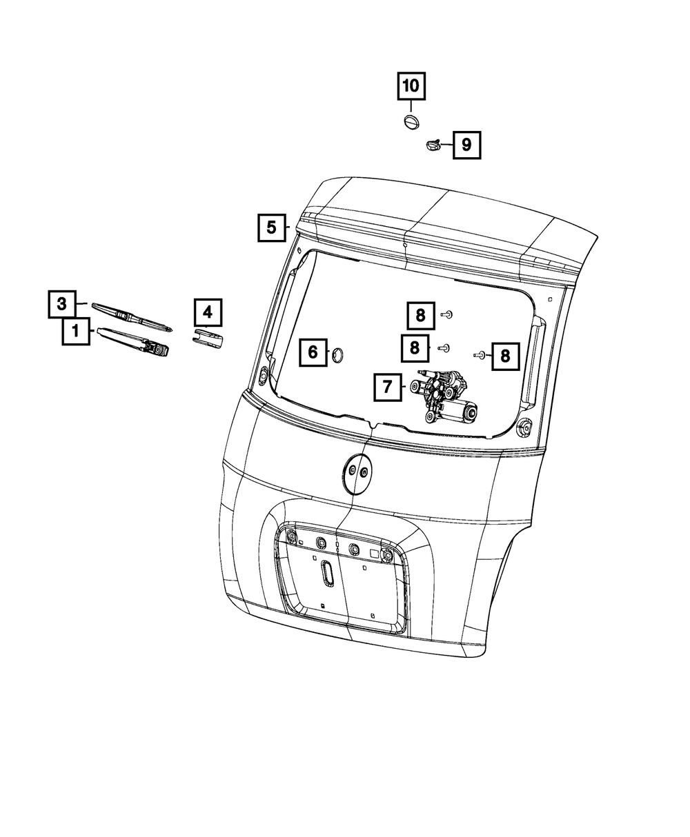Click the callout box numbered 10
tap(411, 86)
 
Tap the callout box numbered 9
tap(466, 145)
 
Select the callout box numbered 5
tap(271, 227)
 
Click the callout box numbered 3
tap(62, 303)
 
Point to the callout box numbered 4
tap(208, 313)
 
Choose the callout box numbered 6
tap(313, 353)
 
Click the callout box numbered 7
tap(388, 388)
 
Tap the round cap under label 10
tap(411, 123)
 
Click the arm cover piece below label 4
tap(207, 339)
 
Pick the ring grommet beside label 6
tap(338, 354)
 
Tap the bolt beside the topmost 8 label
tap(447, 314)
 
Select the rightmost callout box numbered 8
tap(505, 355)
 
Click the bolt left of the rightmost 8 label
tap(478, 355)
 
